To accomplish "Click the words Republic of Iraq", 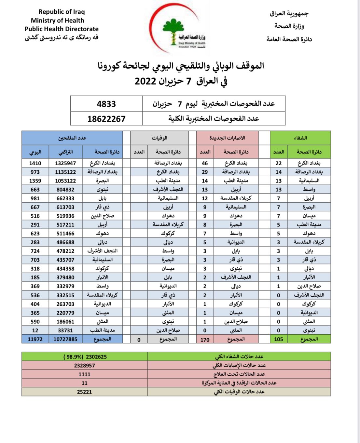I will pos(62,12).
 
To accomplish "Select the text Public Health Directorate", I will pos(62,29).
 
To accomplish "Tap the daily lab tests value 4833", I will pos(106,104).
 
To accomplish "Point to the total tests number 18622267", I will pos(106,119).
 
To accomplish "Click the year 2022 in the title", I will pos(145,81).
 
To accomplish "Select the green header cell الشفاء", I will pos(300,138).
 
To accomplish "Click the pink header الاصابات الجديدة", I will pos(227,138).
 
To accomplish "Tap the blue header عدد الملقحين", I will pos(72,138).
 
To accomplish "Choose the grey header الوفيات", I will pos(159,138).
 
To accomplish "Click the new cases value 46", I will pos(205,163).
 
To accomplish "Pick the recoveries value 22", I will pos(279,163).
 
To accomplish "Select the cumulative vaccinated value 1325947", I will pos(65,163).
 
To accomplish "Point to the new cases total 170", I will pos(205,340).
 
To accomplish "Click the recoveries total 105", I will pos(279,339).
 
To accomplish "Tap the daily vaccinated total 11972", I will pos(35,339).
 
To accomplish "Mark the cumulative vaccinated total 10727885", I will pos(65,339).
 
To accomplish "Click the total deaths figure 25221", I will pos(84,392).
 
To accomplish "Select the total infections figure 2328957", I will pos(84,366).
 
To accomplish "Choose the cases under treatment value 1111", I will pos(84,374).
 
